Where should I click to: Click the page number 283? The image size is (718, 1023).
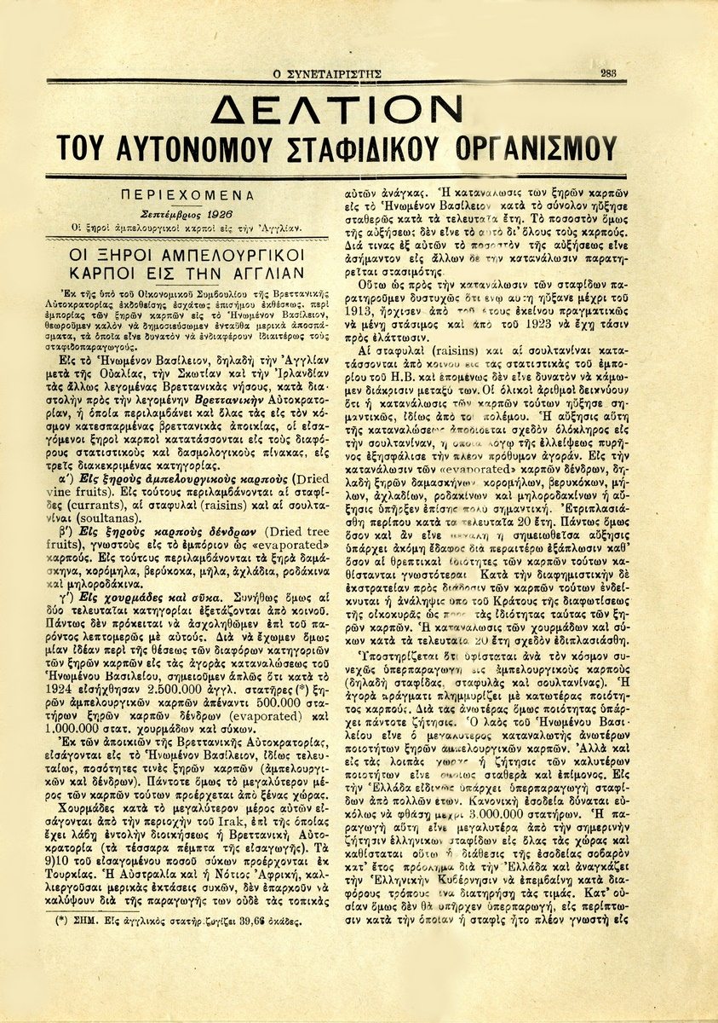(x=608, y=73)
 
